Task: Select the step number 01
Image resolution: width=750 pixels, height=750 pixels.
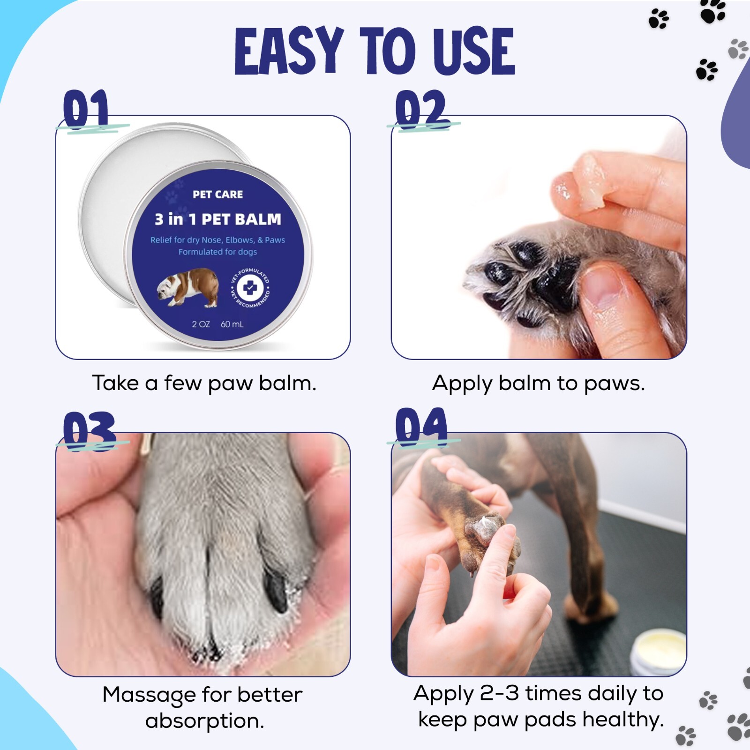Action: click(86, 109)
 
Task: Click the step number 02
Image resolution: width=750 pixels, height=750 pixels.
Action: click(421, 109)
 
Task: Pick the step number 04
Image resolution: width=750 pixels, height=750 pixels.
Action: click(421, 427)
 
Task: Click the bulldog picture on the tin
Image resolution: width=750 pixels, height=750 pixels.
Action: click(188, 287)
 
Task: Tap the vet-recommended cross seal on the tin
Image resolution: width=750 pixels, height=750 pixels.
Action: click(250, 287)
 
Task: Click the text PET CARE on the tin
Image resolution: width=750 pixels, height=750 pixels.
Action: click(217, 195)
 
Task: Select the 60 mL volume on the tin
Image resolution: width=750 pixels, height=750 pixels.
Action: click(232, 324)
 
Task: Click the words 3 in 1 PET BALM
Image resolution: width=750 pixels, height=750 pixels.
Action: click(218, 219)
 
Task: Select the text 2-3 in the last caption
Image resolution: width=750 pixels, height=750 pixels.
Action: click(499, 693)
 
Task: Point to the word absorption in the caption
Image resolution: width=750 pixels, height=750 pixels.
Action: click(204, 721)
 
